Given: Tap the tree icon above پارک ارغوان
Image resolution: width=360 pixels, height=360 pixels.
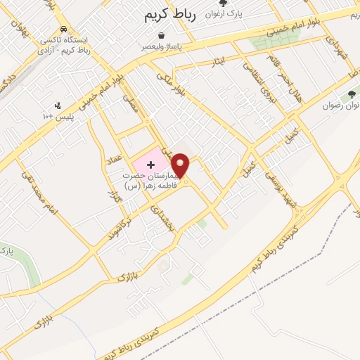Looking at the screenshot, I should pos(223,3).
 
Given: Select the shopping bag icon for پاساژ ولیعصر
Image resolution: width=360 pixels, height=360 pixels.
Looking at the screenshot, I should pos(162,34).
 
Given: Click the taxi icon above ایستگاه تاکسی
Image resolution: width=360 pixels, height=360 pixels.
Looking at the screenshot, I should pos(65,30).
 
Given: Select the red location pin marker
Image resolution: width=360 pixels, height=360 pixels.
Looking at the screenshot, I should pos(181,166).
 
